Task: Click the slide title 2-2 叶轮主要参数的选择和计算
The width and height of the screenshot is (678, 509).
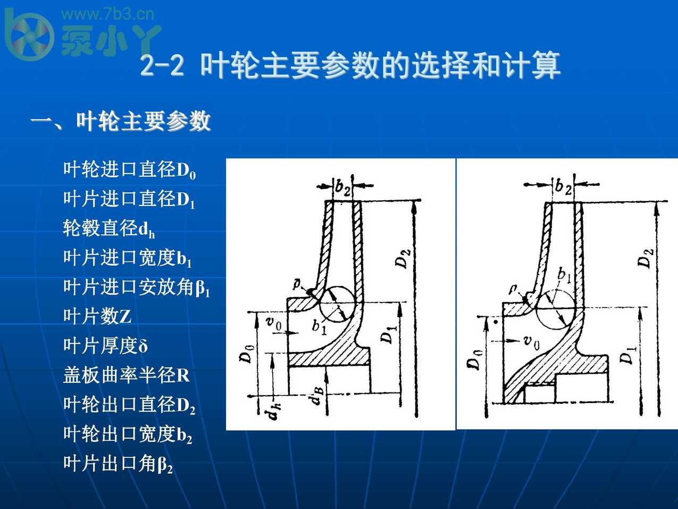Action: (350, 66)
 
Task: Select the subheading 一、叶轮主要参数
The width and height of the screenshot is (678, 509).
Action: (121, 121)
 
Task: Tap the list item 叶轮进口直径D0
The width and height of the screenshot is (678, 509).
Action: (129, 170)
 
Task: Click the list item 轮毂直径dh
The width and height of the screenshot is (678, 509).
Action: (108, 228)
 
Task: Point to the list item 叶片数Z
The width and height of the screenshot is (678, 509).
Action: (97, 316)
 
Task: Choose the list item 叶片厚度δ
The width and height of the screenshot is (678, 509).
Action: (105, 346)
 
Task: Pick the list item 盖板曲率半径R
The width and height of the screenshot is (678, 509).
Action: (126, 375)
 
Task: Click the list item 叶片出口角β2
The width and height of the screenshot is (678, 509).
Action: (118, 464)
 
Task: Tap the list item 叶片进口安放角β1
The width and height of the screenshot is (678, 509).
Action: (137, 288)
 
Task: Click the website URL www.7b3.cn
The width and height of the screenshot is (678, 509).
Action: (108, 14)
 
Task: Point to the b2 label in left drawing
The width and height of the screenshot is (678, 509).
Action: (343, 187)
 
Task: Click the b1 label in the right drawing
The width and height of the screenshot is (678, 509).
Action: (564, 275)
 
